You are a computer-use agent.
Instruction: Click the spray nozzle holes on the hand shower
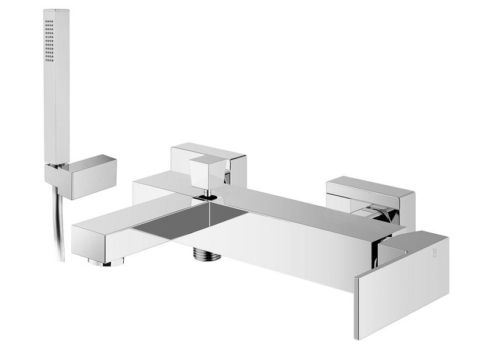pos(49,40)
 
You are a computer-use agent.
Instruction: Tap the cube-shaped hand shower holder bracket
pos(88,176)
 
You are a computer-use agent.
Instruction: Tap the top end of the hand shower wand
pos(56,12)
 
